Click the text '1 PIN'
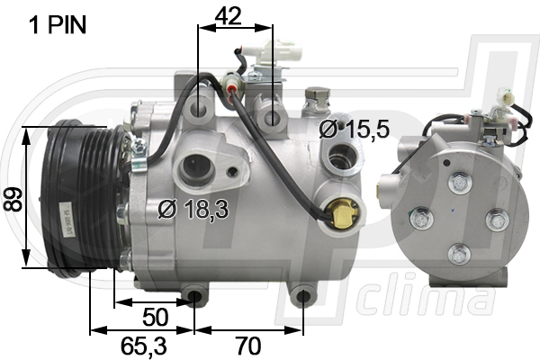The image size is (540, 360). click(x=58, y=25)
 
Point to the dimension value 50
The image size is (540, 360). click(x=157, y=316)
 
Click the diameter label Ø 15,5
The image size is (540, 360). click(x=354, y=129)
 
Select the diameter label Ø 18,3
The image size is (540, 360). click(x=192, y=209)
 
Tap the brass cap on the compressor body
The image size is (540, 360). click(x=342, y=214)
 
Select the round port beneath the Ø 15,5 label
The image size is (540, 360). click(x=340, y=162)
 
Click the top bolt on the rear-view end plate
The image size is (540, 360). click(x=460, y=184)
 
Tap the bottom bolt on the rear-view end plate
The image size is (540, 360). click(x=460, y=255)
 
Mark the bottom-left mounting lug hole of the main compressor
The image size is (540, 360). click(x=194, y=295)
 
